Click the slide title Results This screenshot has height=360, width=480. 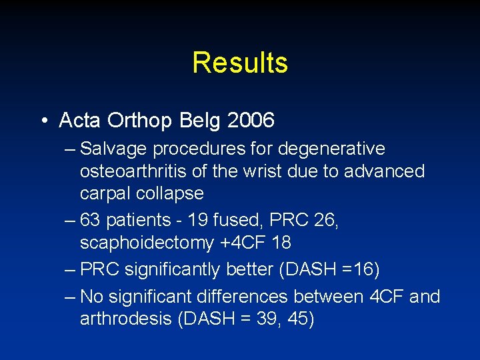tap(240, 63)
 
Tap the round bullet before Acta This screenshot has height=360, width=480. tap(43, 121)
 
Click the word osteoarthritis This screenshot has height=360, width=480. tap(133, 171)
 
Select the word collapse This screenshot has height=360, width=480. tap(170, 193)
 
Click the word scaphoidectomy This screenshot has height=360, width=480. tap(147, 243)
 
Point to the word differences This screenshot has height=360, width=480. tap(245, 297)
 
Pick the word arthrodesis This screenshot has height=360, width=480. tap(126, 319)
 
